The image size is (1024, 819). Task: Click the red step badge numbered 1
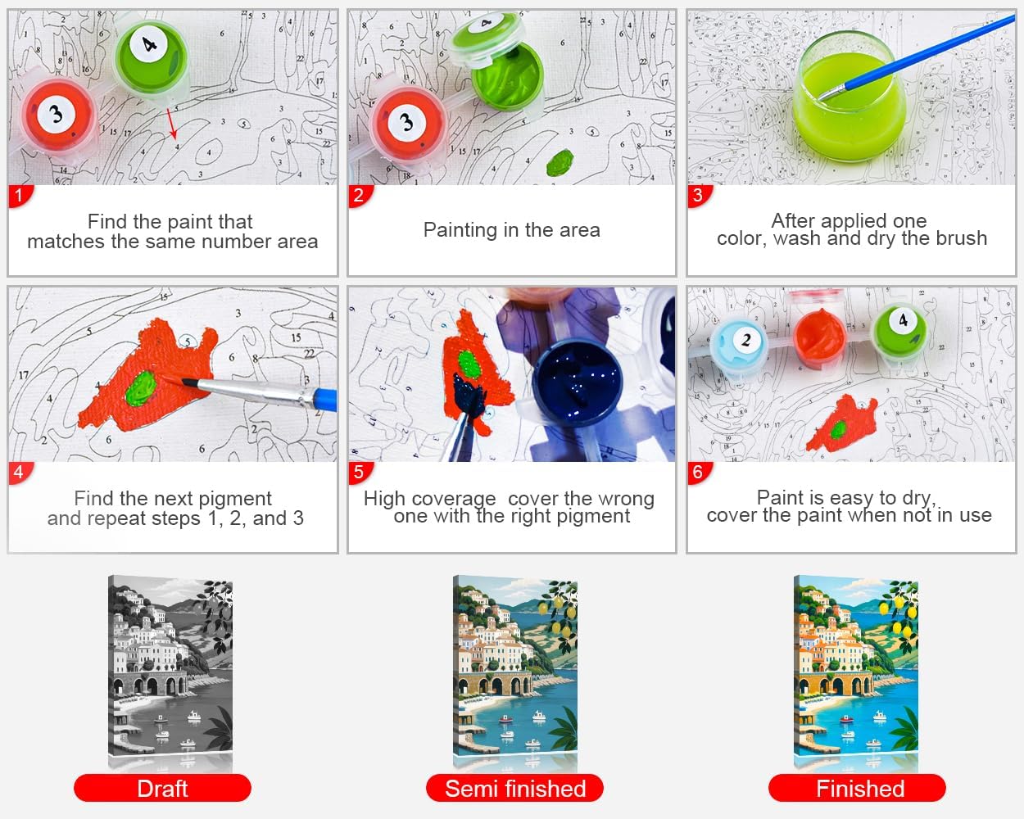pyautogui.click(x=20, y=196)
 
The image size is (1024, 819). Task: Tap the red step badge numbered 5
pyautogui.click(x=360, y=473)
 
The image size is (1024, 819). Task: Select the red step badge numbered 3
pyautogui.click(x=699, y=196)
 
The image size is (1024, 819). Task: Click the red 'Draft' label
pyautogui.click(x=162, y=788)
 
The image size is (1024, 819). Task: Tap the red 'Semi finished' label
pyautogui.click(x=514, y=788)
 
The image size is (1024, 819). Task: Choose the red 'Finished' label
pyautogui.click(x=857, y=788)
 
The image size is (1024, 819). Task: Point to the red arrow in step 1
pyautogui.click(x=172, y=124)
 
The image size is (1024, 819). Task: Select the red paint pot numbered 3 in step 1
pyautogui.click(x=58, y=115)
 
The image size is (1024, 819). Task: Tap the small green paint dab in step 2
pyautogui.click(x=560, y=162)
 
